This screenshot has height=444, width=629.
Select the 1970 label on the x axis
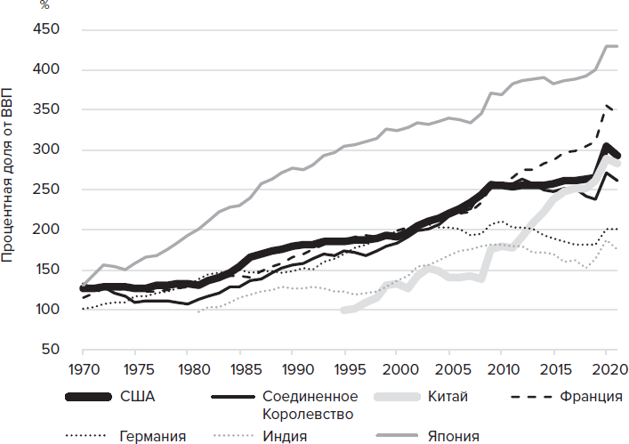[82, 368]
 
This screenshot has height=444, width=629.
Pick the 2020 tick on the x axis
[605, 368]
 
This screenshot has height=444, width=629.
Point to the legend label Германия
[152, 436]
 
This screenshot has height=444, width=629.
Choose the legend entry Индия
[286, 436]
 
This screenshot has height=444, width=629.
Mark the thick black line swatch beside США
[93, 396]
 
